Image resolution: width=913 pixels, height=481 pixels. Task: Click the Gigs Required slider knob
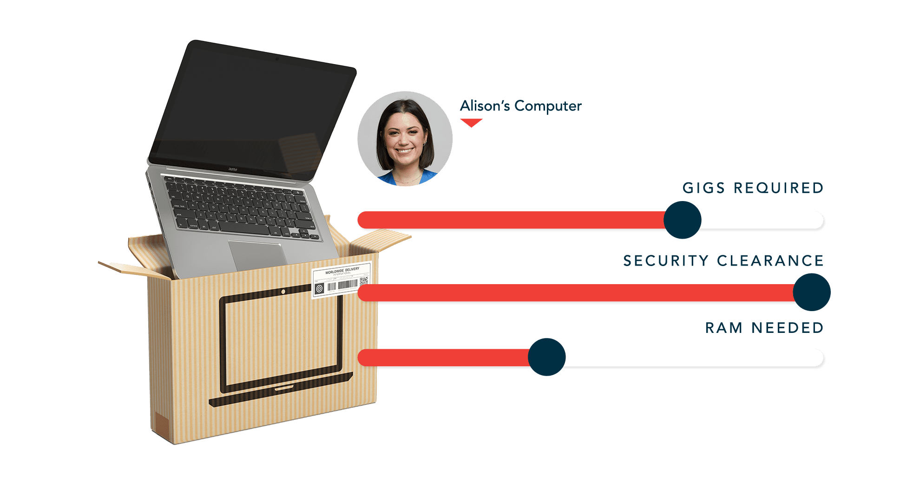[x=682, y=220]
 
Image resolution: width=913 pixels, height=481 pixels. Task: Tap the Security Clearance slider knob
[x=811, y=292]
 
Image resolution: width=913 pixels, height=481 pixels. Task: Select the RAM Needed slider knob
[x=547, y=357]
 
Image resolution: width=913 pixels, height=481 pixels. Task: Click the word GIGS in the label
[x=703, y=188]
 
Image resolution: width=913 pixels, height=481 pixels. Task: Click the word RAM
[x=723, y=328]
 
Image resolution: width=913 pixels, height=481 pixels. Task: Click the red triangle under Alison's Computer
[x=471, y=123]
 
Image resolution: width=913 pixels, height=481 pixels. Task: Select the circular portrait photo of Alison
[x=405, y=138]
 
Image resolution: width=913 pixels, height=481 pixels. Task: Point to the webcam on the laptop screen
[x=277, y=59]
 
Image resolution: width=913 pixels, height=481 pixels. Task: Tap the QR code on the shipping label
[x=363, y=281]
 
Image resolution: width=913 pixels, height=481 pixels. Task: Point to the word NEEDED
[x=788, y=328]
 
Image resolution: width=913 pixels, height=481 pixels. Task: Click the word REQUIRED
[x=778, y=188]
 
